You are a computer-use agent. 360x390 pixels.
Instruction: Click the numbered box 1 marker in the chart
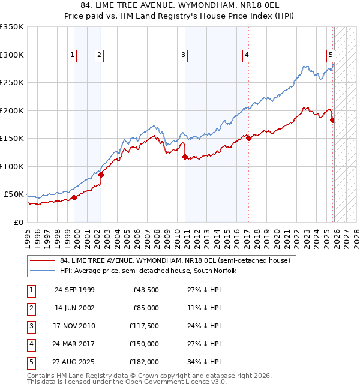click(72, 55)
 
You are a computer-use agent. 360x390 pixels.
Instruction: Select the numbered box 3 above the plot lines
click(183, 55)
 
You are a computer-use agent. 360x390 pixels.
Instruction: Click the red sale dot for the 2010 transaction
click(185, 157)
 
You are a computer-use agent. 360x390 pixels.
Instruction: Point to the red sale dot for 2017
click(248, 139)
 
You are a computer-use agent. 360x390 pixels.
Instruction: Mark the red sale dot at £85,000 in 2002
click(101, 175)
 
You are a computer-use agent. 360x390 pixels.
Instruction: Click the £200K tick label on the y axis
click(12, 110)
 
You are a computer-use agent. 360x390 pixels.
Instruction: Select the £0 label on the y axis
click(18, 222)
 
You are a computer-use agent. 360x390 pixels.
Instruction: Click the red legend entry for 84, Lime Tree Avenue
click(175, 260)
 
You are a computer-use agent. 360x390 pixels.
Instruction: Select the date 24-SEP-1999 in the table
click(74, 290)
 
